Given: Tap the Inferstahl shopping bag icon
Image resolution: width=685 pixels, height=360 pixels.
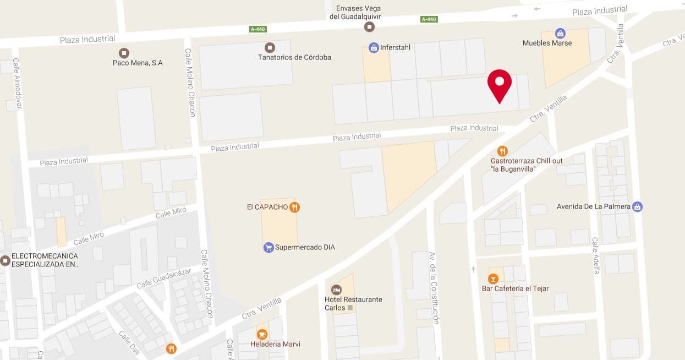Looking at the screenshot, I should point(374,48).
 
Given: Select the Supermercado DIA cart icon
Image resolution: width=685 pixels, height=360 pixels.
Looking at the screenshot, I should point(268,248).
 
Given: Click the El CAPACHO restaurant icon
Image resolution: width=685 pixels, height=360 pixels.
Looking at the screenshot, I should point(295,207).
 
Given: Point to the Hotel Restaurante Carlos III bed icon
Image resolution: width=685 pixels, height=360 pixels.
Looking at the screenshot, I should point(336,290).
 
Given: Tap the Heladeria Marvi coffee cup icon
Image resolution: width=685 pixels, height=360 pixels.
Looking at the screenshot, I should point(262,334).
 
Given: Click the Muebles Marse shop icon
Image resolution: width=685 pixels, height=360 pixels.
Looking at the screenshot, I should point(560,33).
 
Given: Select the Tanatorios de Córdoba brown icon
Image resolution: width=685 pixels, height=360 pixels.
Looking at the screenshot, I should point(270,48).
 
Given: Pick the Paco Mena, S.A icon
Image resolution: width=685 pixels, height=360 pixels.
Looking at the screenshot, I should point(124,53).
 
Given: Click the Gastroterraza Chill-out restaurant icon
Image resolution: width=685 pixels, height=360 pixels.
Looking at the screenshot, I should point(502,151).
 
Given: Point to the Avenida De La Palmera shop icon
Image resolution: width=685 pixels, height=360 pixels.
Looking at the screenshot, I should point(637,207).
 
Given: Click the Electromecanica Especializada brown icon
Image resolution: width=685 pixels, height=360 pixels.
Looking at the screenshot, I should point(5,260).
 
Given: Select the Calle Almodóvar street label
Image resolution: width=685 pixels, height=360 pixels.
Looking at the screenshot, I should point(17,84).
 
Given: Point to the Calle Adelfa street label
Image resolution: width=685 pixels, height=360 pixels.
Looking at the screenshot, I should point(595,255).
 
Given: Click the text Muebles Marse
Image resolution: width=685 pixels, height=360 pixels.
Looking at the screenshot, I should point(547,43).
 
